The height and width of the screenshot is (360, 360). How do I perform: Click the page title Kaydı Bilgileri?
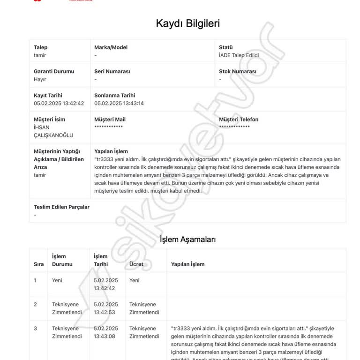(x=187, y=23)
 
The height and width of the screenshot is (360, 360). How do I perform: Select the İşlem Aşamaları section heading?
(x=187, y=239)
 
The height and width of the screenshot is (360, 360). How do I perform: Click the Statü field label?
(x=226, y=47)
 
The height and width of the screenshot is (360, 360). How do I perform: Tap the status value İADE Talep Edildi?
(x=239, y=55)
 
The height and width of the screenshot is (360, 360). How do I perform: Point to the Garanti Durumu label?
(x=54, y=72)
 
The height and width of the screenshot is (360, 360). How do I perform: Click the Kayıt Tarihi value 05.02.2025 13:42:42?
(x=59, y=104)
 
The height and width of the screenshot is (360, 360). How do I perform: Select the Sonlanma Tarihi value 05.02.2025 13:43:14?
(x=119, y=104)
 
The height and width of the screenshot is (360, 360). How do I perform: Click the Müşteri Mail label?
(x=110, y=120)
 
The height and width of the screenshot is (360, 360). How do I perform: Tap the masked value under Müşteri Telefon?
(x=234, y=127)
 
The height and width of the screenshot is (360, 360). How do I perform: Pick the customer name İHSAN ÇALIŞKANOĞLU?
(x=53, y=131)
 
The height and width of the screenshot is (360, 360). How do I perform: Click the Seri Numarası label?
(x=112, y=72)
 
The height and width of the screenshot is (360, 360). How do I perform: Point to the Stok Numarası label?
(x=238, y=72)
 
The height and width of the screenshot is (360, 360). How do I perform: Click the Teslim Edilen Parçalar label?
(x=61, y=207)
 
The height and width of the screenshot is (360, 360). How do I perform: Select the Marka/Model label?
(x=111, y=47)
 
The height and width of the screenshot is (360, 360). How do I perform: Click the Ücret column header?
(x=136, y=264)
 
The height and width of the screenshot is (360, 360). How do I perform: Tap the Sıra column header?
(x=38, y=264)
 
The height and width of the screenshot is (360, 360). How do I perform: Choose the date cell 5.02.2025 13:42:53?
(x=106, y=308)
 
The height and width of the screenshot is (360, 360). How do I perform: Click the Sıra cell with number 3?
(x=35, y=329)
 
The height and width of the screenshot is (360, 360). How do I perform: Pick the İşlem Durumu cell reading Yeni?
(x=57, y=280)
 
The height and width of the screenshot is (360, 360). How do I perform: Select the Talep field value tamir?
(x=40, y=55)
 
